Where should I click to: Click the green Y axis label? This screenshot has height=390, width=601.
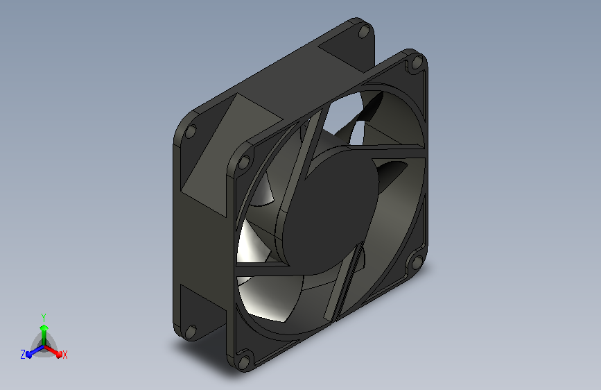(44, 317)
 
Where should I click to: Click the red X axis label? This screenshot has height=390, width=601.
(64, 355)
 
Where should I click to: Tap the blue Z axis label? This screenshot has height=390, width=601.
(23, 355)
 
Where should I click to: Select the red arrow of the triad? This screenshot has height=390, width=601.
(53, 351)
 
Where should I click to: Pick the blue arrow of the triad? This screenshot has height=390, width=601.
(35, 351)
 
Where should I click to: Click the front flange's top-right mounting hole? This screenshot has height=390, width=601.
(417, 62)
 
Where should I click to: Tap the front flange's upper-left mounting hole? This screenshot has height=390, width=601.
(244, 162)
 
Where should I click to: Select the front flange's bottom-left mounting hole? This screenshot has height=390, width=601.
(244, 362)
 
